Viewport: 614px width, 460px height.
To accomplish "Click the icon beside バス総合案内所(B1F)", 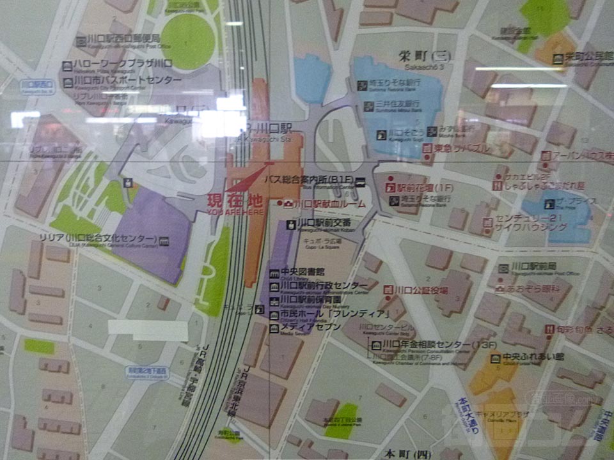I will coord(360,181).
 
